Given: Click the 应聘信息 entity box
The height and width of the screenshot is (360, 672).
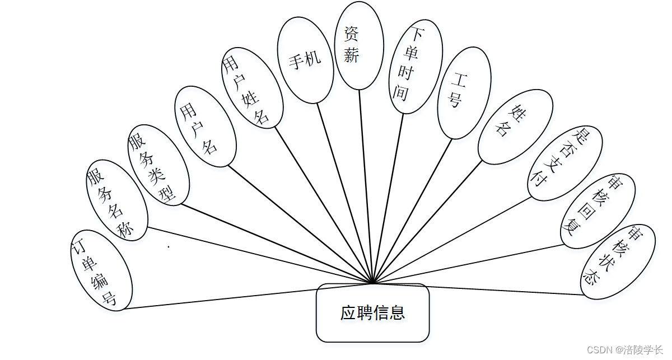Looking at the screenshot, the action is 372,312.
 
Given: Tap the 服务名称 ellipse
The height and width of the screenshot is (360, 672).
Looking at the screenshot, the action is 117,200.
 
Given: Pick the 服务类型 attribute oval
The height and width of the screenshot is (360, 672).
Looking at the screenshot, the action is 158,165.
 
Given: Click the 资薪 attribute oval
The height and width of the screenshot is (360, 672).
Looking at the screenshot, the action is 358,45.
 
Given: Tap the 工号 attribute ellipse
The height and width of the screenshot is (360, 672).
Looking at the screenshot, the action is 464,92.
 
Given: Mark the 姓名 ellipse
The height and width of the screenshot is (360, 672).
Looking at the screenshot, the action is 515,127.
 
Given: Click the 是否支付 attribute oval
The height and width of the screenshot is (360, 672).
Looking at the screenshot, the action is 566,163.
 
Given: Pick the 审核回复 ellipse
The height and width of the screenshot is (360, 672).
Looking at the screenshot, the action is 598,211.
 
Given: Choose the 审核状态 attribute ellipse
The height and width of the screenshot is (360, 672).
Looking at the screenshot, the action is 617,261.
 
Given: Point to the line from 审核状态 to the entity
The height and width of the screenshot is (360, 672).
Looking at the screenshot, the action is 493,289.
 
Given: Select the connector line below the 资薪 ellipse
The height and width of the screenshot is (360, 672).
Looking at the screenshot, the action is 365,185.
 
